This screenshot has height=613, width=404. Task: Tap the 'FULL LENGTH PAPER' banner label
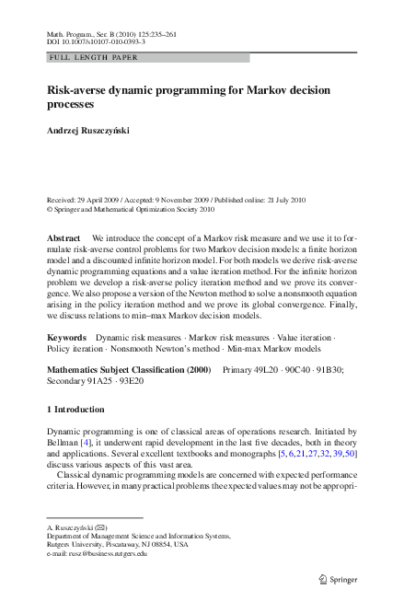point(80,57)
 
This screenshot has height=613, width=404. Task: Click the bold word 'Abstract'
point(63,237)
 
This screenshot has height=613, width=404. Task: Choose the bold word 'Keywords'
point(66,339)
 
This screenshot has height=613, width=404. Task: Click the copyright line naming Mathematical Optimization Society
point(130,208)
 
